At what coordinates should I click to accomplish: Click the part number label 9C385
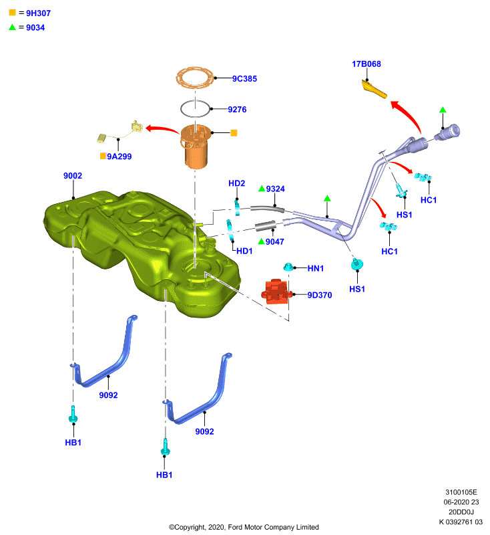tap(244, 79)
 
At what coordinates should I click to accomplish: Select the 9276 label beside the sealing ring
tap(237, 110)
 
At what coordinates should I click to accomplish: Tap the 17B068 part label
tap(366, 64)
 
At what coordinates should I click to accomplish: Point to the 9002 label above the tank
tap(73, 176)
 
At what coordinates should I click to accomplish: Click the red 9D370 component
tap(276, 291)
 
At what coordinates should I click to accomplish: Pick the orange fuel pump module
tap(195, 146)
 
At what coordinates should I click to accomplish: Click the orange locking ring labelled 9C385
tap(195, 78)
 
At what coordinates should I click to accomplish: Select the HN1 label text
tap(315, 269)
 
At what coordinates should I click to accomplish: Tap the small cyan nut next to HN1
tap(288, 267)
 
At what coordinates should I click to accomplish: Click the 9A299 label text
tap(119, 156)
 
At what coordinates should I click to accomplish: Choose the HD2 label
tap(237, 183)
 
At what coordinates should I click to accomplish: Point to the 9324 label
tap(275, 189)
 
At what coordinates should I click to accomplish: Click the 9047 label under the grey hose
tap(275, 242)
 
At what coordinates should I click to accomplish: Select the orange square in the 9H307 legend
tap(12, 13)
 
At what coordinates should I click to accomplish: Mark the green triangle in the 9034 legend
tap(12, 27)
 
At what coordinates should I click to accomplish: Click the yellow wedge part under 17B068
tap(374, 89)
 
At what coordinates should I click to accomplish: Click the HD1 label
tap(244, 251)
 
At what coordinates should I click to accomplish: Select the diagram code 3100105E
tap(461, 492)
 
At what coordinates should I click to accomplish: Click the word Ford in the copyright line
tap(235, 527)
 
